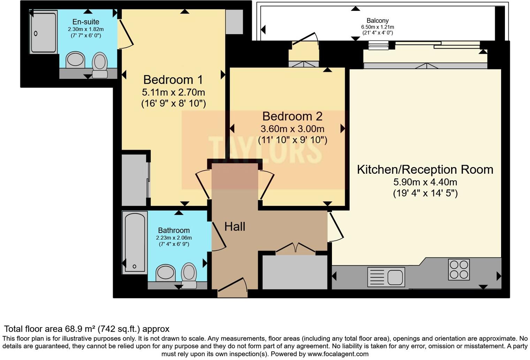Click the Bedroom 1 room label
click(x=173, y=80)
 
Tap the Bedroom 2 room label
click(x=292, y=116)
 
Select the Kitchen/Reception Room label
click(x=425, y=170)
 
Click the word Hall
click(x=235, y=227)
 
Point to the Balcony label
click(x=377, y=21)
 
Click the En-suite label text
click(x=86, y=22)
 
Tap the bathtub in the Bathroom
click(x=135, y=242)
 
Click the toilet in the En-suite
click(x=100, y=65)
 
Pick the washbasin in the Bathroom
click(x=165, y=273)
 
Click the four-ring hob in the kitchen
click(x=459, y=270)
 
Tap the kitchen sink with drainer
click(x=386, y=277)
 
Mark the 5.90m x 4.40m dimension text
click(x=425, y=182)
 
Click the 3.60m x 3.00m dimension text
click(x=292, y=129)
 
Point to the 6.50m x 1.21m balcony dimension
click(x=377, y=27)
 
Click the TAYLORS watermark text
click(x=265, y=150)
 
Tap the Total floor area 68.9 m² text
click(x=86, y=329)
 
